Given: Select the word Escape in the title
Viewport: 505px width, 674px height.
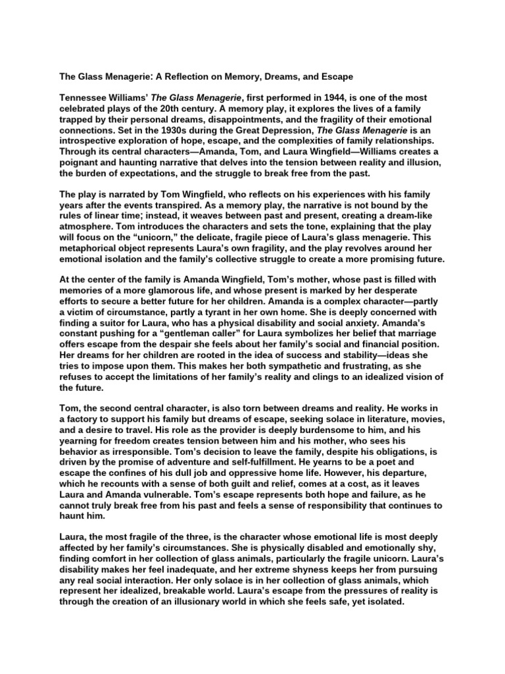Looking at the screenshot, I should click(x=335, y=76).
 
